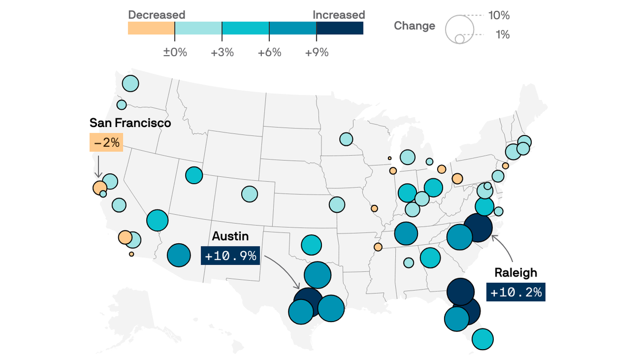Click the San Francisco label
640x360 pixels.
pos(130,123)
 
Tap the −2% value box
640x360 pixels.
pos(106,142)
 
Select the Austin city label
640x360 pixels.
pos(230,236)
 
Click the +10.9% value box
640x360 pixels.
pos(231,256)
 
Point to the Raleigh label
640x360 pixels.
pos(516,273)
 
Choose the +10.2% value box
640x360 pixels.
pos(516,292)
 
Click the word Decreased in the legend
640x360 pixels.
pos(156,15)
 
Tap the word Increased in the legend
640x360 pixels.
pos(338,15)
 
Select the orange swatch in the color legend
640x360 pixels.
pos(151,28)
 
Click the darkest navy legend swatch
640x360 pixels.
pos(340,28)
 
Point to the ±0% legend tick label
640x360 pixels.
pos(175,52)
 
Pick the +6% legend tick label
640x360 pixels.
pos(269,52)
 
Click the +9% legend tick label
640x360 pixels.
pos(317,52)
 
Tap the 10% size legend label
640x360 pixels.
pos(499,15)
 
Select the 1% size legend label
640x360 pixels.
pos(502,35)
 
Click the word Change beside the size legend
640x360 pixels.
pos(414,26)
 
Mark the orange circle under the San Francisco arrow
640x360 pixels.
pos(99,187)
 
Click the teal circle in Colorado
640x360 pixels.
pos(250,194)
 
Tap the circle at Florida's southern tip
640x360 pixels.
pos(483,339)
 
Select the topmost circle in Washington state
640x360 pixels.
pos(130,83)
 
